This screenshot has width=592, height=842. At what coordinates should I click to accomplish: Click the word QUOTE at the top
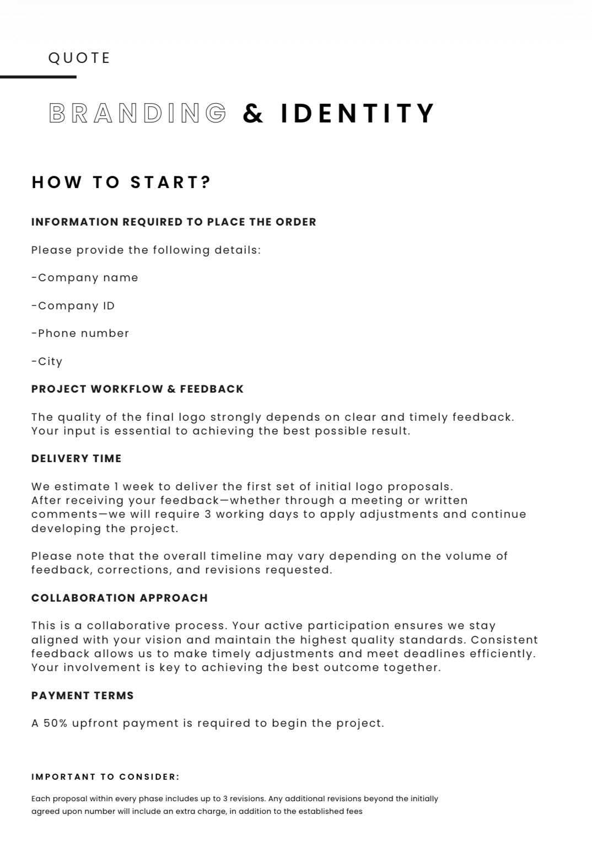(x=79, y=58)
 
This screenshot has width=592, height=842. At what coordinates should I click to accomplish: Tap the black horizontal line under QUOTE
(x=38, y=77)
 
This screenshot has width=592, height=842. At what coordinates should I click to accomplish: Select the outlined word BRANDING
(x=138, y=113)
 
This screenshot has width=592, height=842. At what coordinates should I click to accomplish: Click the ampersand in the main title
(x=253, y=114)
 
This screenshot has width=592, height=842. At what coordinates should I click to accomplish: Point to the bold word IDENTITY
(x=358, y=113)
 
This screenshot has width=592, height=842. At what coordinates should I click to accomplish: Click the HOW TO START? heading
(x=122, y=183)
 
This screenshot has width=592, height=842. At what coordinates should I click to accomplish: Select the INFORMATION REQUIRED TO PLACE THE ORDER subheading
(x=174, y=222)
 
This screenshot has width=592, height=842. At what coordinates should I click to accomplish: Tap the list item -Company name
(x=85, y=278)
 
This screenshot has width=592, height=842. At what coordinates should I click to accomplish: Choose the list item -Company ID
(x=73, y=306)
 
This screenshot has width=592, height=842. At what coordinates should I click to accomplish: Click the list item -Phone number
(x=80, y=334)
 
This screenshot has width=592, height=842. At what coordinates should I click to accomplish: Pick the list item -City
(x=47, y=362)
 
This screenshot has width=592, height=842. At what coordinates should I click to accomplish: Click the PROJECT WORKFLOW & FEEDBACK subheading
(x=137, y=389)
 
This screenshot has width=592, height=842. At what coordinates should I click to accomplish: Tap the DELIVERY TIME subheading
(x=76, y=459)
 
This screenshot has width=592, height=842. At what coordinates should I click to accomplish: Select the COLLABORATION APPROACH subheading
(x=120, y=598)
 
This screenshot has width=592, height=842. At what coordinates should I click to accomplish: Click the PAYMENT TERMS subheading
(x=83, y=696)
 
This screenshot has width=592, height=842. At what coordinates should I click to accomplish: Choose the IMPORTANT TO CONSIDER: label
(x=105, y=777)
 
